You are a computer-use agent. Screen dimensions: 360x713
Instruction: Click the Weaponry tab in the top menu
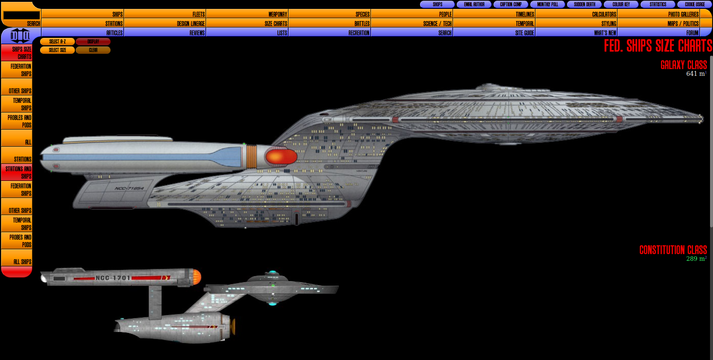[x=277, y=14]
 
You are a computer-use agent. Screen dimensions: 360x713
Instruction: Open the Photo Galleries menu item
[x=683, y=14]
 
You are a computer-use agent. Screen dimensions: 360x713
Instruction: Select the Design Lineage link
[x=191, y=23]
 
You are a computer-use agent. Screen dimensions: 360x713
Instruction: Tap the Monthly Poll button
[x=547, y=4]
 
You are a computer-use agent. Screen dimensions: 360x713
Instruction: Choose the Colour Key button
[x=621, y=4]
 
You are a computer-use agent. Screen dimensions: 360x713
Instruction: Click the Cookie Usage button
[x=694, y=4]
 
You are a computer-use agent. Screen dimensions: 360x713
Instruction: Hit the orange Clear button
[x=93, y=50]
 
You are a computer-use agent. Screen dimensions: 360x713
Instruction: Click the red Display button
[x=93, y=42]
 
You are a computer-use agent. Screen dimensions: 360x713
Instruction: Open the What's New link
[x=605, y=33]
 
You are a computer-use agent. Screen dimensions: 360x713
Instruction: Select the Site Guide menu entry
[x=524, y=33]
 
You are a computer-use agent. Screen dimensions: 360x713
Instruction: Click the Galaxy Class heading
[x=683, y=65]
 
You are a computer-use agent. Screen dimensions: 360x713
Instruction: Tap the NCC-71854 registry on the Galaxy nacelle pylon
[x=129, y=188]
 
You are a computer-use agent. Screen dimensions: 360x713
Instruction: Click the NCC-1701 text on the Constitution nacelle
[x=113, y=278]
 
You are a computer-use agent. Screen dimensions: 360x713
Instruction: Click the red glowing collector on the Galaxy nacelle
[x=281, y=157]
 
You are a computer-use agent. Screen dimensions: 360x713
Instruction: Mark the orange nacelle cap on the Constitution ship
[x=197, y=277]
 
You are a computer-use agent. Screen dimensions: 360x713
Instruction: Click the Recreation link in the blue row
[x=358, y=33]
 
